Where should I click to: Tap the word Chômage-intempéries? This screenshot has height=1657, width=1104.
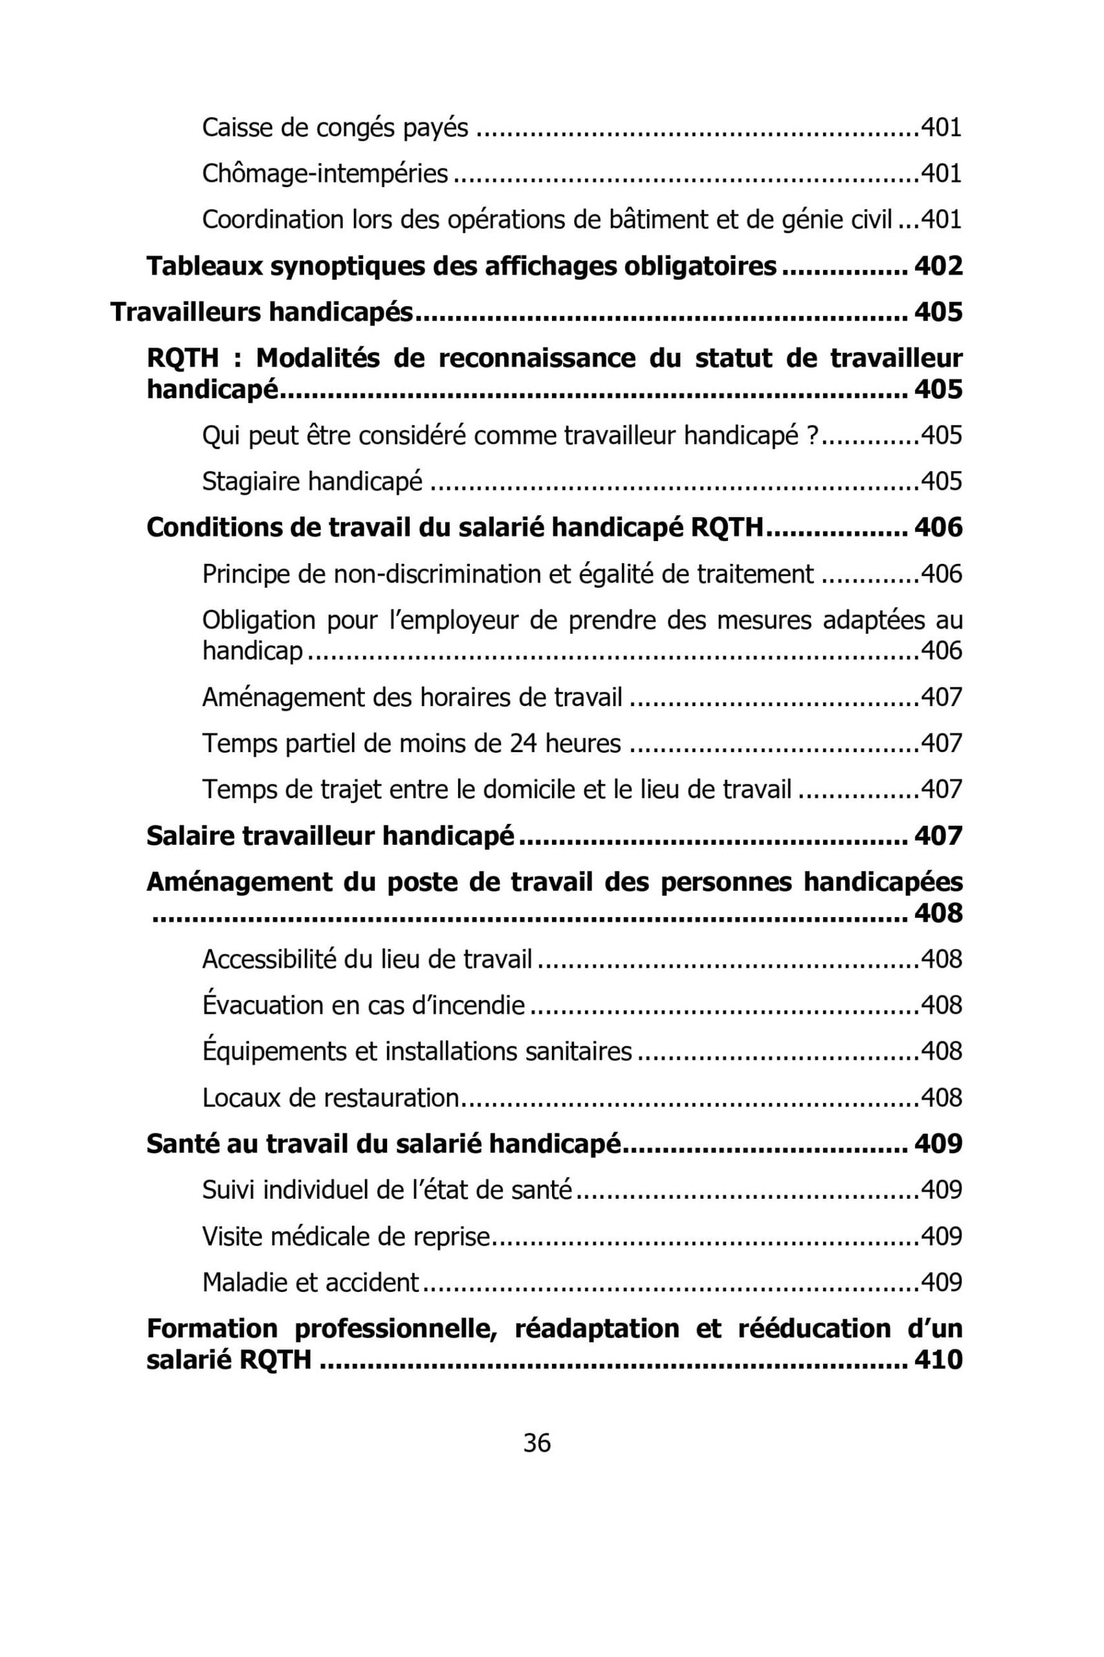pos(324,173)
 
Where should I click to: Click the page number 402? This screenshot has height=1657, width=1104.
pos(938,266)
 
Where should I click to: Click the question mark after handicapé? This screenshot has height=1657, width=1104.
pos(812,435)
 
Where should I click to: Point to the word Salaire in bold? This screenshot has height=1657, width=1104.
pos(190,836)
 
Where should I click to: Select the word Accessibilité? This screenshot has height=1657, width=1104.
pos(269,959)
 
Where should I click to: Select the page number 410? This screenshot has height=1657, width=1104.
pos(938,1359)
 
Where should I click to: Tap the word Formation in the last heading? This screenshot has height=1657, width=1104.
pos(212,1328)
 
